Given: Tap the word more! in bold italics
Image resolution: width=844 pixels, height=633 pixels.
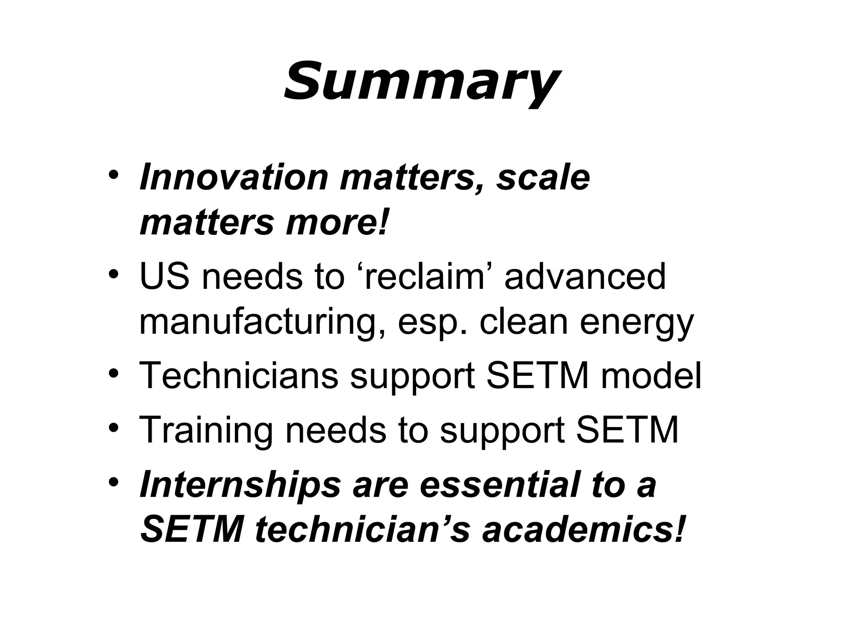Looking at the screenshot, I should click(x=337, y=223).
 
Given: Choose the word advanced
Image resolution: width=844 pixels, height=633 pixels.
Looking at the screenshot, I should click(x=585, y=277).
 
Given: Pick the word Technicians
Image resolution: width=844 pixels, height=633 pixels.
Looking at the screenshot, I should click(x=239, y=375).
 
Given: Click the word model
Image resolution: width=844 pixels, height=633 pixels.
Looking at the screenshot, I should click(x=651, y=375).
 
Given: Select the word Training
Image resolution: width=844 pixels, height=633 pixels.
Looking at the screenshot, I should click(x=206, y=431).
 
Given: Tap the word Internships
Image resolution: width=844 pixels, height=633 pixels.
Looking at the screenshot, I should click(x=240, y=485).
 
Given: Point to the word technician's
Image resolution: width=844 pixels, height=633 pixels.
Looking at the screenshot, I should click(x=363, y=530).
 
